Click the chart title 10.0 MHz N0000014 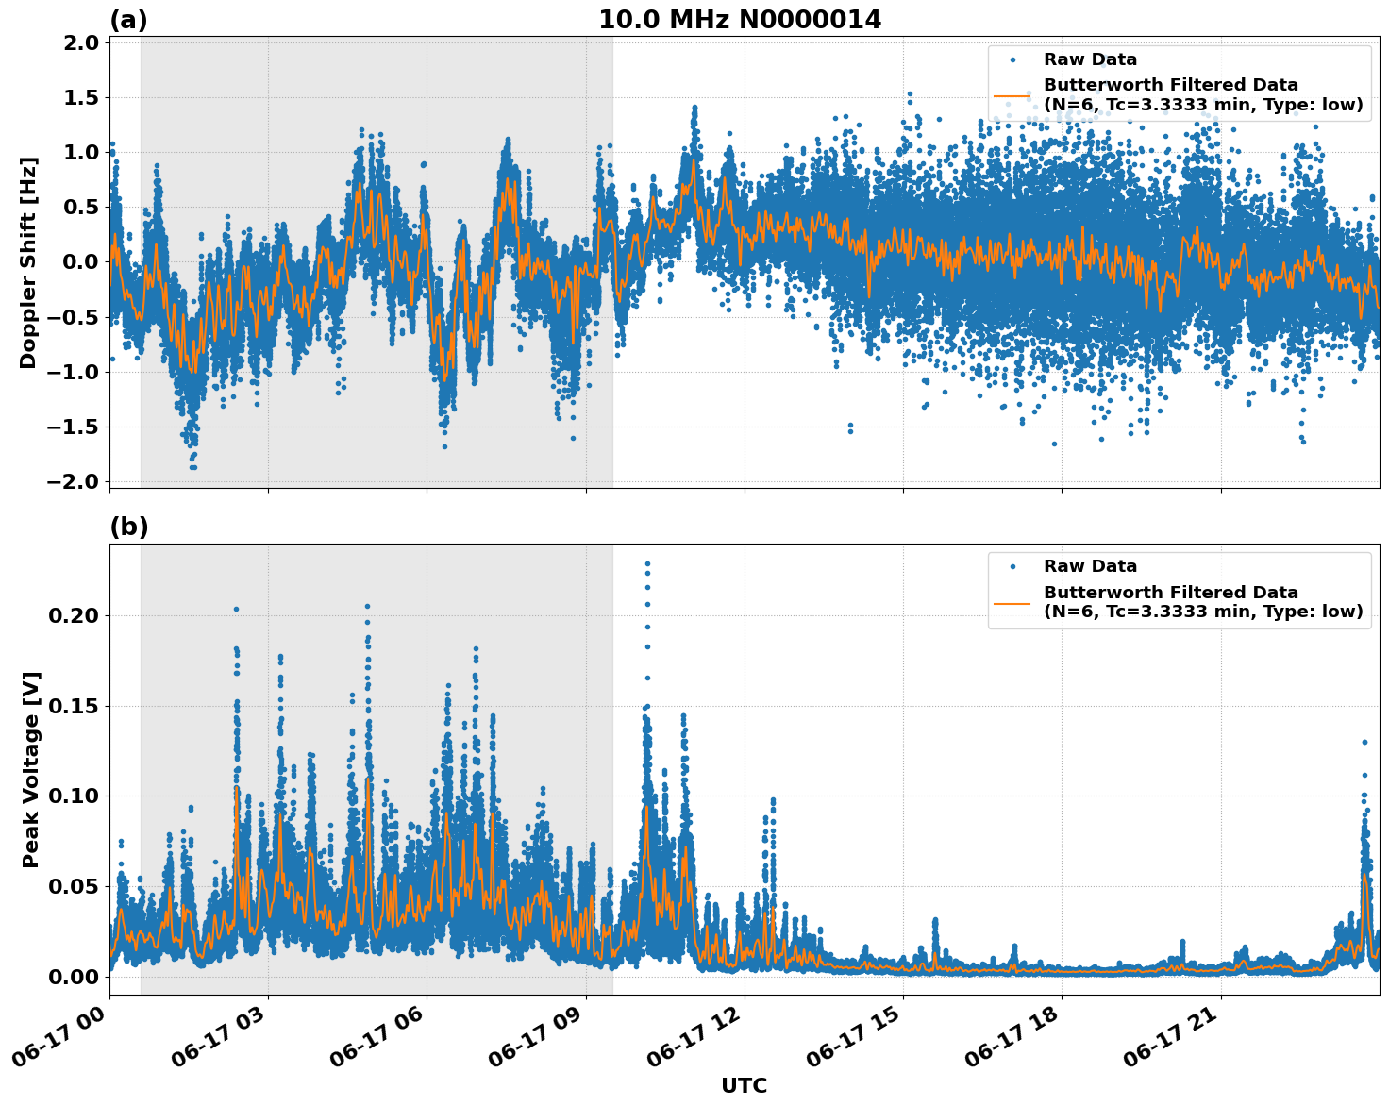coord(740,20)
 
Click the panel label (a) coord(128,20)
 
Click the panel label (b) coord(128,527)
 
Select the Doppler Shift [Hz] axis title coord(28,262)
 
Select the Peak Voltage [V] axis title coord(31,769)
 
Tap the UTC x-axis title coord(744,1085)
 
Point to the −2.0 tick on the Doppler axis coord(75,482)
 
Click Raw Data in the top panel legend coord(1090,60)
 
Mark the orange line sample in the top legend coord(1012,95)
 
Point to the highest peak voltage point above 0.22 coord(647,563)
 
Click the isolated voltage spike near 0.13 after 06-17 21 coord(1364,742)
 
